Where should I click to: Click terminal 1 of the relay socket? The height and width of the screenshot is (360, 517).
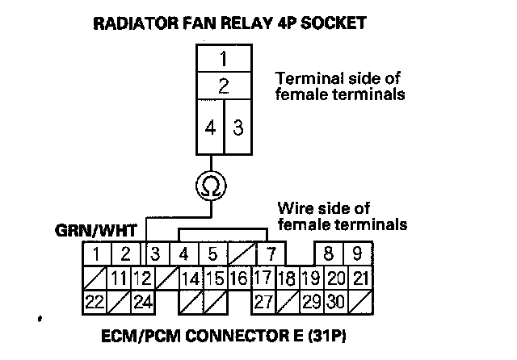pos(225,59)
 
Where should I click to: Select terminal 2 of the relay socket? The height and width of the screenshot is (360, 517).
pos(225,86)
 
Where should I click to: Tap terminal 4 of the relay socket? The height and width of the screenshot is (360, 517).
pos(210,127)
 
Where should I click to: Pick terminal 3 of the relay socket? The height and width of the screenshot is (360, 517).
pos(238,127)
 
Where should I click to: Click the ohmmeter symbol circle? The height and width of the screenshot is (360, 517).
pos(212,186)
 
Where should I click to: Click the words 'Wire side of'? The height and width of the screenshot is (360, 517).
pos(317,207)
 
